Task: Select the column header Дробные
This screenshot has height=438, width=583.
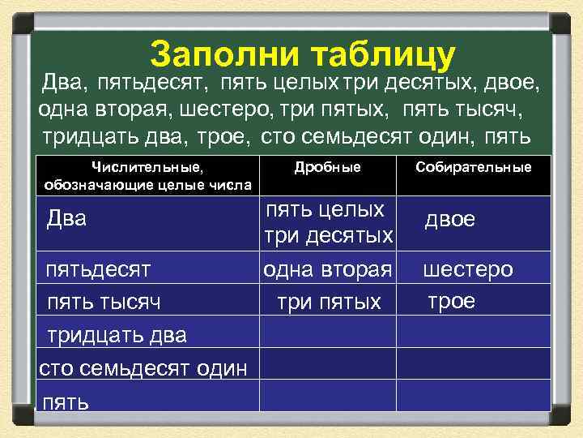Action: click(x=327, y=167)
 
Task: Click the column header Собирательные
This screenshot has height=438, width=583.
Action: click(x=473, y=167)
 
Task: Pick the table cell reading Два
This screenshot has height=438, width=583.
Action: click(x=66, y=219)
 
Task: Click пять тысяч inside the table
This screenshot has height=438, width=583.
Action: click(x=103, y=303)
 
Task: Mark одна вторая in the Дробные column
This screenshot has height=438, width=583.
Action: click(x=327, y=268)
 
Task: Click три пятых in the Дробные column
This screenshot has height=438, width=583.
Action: click(x=328, y=303)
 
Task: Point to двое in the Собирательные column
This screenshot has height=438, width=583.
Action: click(x=451, y=221)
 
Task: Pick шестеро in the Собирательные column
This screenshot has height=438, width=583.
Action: click(x=468, y=268)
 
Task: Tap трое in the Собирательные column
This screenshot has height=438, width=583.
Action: click(x=451, y=300)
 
